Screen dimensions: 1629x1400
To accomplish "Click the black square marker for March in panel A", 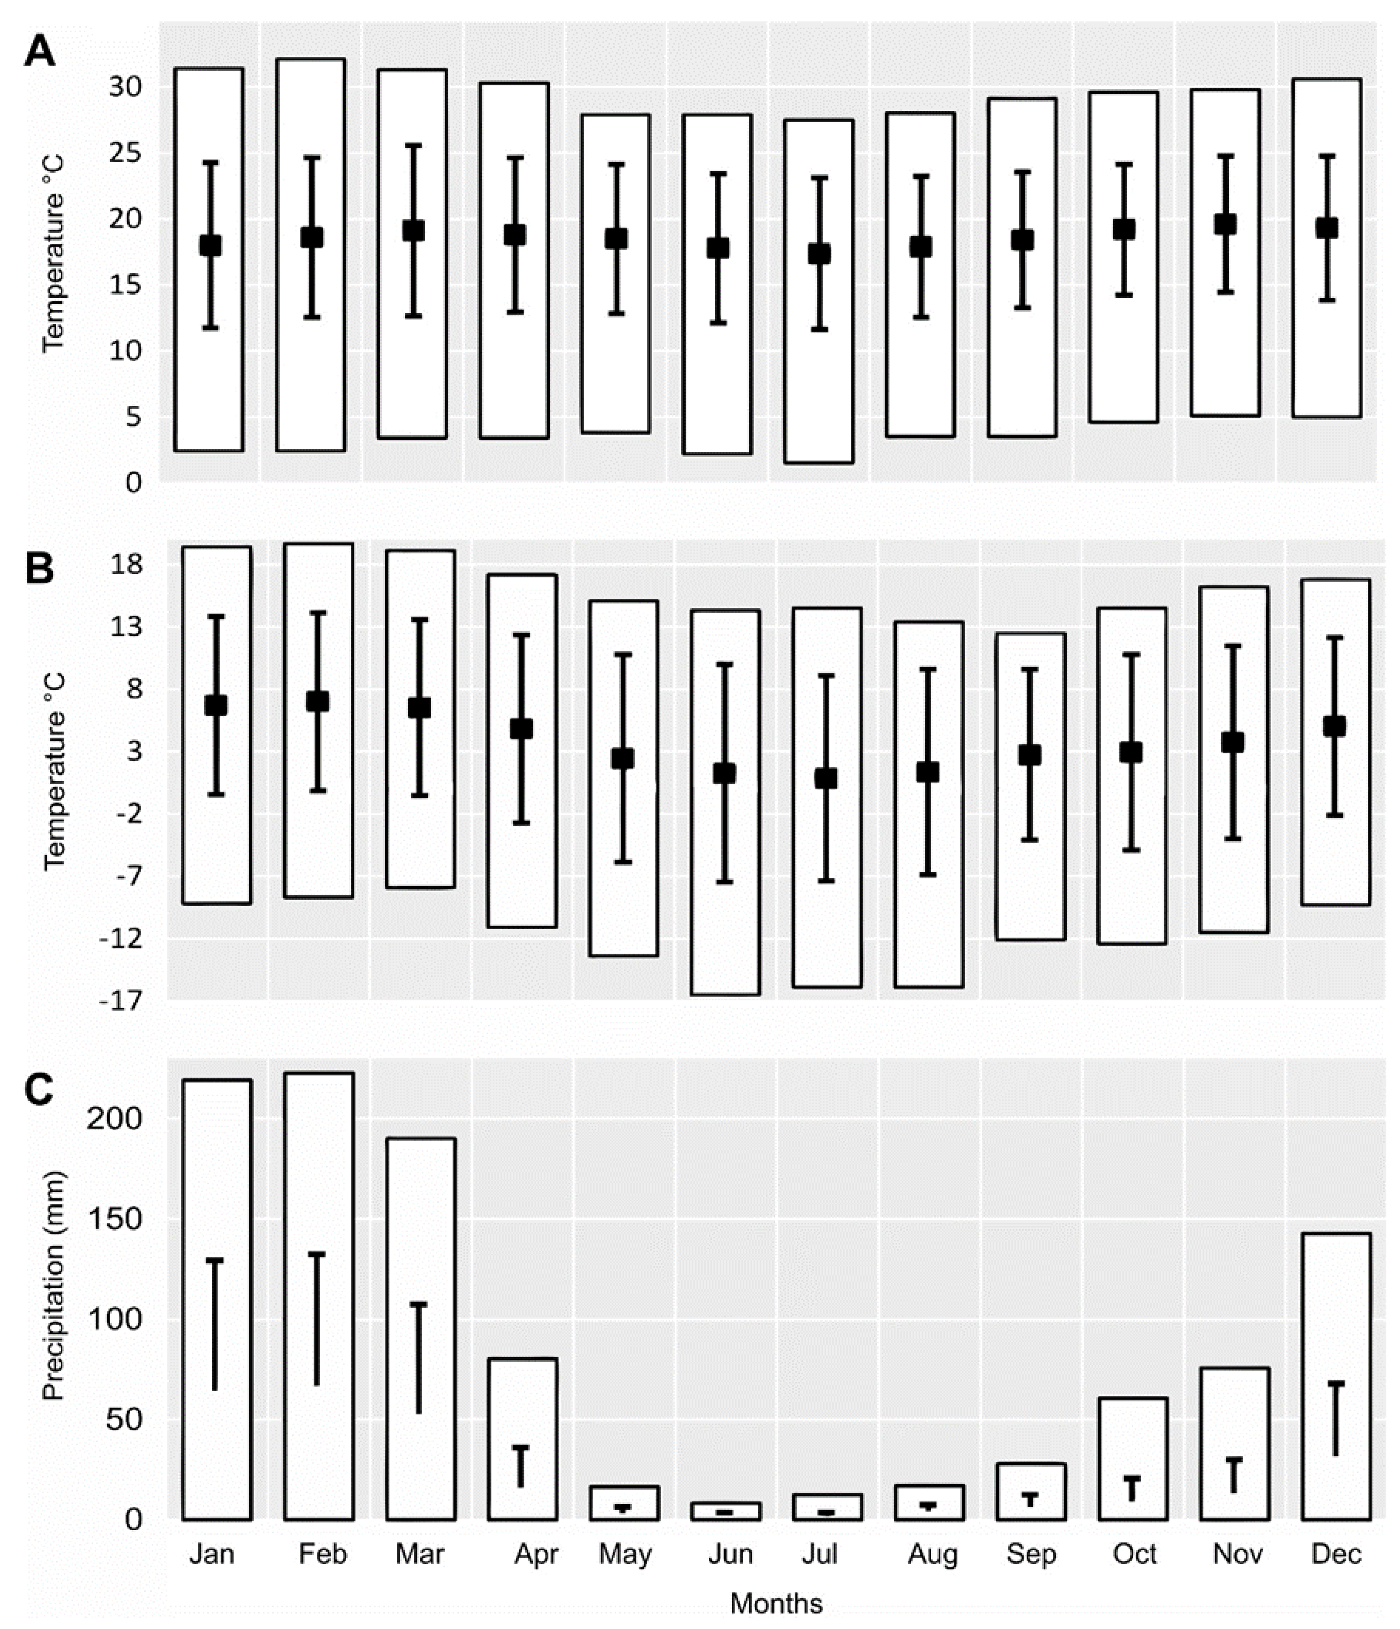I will [x=414, y=230].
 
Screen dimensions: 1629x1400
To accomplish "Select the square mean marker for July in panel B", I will [x=825, y=778].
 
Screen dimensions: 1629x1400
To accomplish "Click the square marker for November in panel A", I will [x=1225, y=224].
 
